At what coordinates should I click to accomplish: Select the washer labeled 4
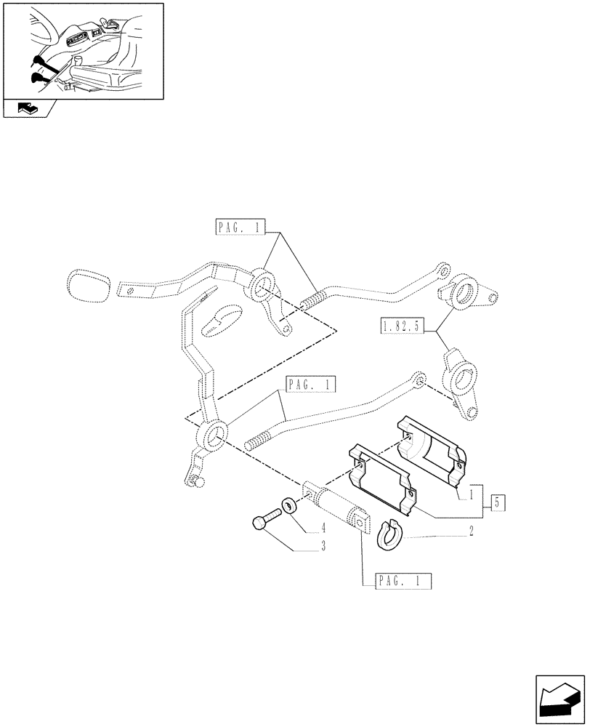pyautogui.click(x=288, y=506)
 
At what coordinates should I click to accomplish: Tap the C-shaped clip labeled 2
pyautogui.click(x=387, y=535)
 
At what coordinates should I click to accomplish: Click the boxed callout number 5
pyautogui.click(x=498, y=502)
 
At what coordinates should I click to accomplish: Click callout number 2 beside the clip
pyautogui.click(x=472, y=533)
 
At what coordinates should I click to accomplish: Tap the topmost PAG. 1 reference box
pyautogui.click(x=241, y=228)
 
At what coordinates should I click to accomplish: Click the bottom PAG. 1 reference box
pyautogui.click(x=404, y=581)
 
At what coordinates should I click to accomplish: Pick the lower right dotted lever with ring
pyautogui.click(x=462, y=380)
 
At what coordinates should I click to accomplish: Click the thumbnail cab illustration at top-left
pyautogui.click(x=81, y=49)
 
